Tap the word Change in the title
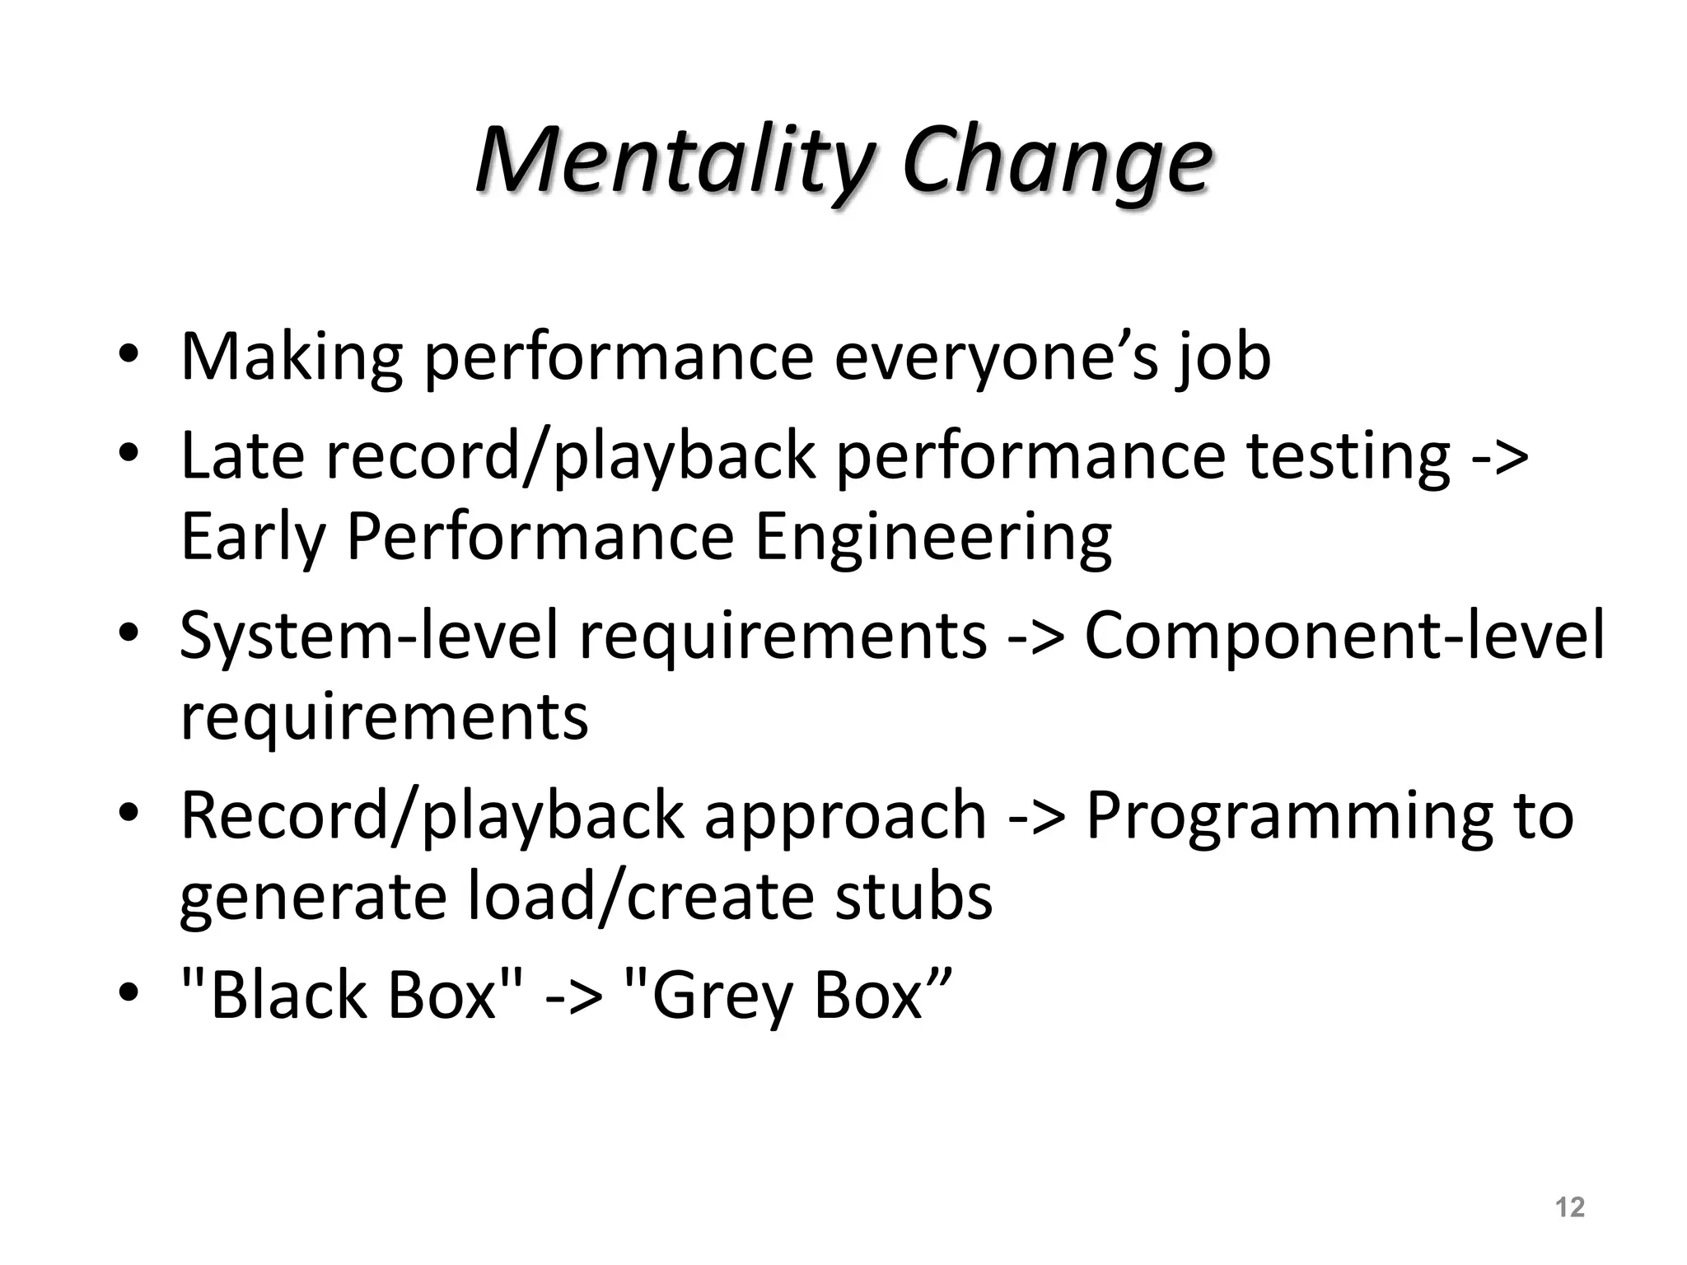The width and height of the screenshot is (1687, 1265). point(1056,161)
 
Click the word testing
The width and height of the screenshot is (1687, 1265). point(1348,457)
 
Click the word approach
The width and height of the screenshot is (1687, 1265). point(844,816)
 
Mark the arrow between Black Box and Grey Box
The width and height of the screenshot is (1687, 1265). point(574,997)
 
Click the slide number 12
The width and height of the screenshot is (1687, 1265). point(1570,1207)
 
